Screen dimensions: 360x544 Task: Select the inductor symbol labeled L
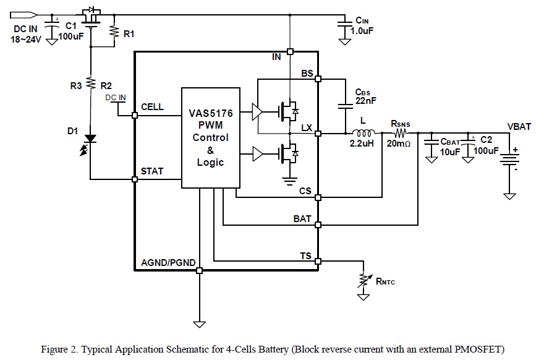[x=362, y=132]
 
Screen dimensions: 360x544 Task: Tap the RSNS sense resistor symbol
[x=399, y=132]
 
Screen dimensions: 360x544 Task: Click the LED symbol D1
[x=90, y=137]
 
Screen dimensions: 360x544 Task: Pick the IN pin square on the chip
[x=290, y=52]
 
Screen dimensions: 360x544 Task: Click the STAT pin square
[x=135, y=179]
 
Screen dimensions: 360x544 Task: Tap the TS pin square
[x=318, y=262]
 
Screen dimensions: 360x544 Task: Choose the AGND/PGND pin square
[x=199, y=270]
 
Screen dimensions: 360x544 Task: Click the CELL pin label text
[x=153, y=106]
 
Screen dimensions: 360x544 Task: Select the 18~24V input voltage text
[x=25, y=40]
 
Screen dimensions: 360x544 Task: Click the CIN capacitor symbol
[x=345, y=24]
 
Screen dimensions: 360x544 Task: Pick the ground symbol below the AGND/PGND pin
[x=199, y=322]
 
